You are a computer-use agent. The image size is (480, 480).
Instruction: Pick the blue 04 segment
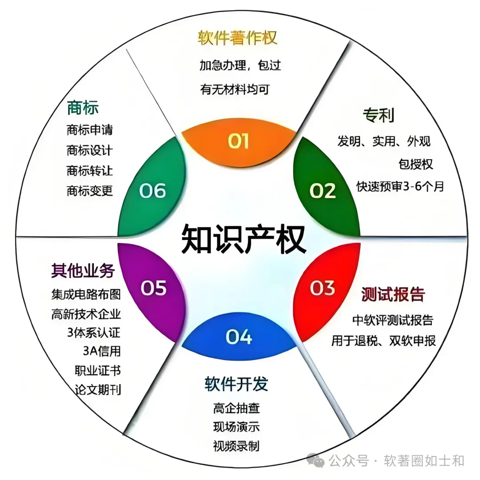(239, 336)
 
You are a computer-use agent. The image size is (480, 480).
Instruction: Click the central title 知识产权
(243, 239)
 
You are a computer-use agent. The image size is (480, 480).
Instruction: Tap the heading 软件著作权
(237, 38)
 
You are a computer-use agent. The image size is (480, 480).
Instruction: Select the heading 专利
(378, 116)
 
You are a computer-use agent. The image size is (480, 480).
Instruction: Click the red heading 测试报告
(393, 294)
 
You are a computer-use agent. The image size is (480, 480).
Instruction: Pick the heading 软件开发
(236, 384)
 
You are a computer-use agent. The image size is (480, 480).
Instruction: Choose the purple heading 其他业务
(83, 270)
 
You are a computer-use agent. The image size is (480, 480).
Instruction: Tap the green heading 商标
(83, 108)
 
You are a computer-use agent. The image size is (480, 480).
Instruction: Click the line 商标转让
(90, 171)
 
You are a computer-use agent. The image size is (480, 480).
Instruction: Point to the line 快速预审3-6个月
(400, 186)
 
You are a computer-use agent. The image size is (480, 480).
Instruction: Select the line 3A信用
(101, 351)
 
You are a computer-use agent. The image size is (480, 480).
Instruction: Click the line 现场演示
(236, 427)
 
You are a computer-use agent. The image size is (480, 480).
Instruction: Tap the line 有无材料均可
(235, 89)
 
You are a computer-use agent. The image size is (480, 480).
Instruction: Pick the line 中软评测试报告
(392, 320)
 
